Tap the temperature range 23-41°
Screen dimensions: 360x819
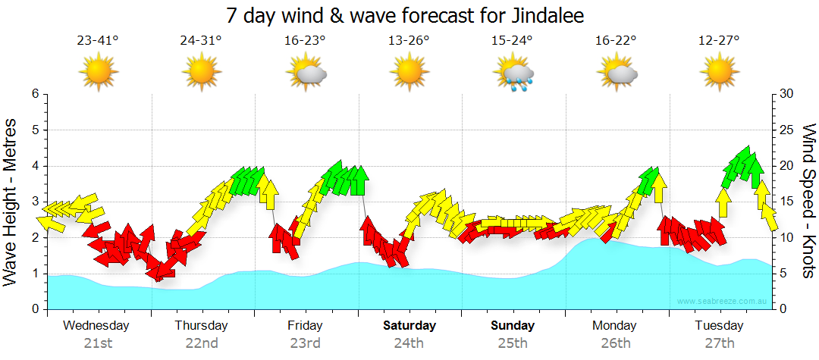[x=98, y=41]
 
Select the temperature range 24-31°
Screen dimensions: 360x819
[x=201, y=41]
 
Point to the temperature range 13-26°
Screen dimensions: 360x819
[x=409, y=41]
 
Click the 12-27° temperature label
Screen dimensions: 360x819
[x=718, y=41]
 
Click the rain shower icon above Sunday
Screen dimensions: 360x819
[x=515, y=74]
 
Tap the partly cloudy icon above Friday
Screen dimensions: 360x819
[x=307, y=74]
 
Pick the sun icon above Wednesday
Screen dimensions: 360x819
[x=99, y=74]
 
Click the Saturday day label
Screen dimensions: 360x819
[x=409, y=326]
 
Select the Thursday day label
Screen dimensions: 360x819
[x=201, y=326]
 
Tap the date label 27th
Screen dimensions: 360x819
[x=719, y=343]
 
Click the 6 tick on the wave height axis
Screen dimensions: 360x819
[x=34, y=94]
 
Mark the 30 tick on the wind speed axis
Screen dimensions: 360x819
[x=787, y=94]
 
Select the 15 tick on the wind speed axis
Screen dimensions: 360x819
[x=787, y=202]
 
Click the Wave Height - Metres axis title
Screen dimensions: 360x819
[x=12, y=202]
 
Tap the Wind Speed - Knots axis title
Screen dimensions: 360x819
[x=808, y=202]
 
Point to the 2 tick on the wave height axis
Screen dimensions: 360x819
[x=34, y=238]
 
